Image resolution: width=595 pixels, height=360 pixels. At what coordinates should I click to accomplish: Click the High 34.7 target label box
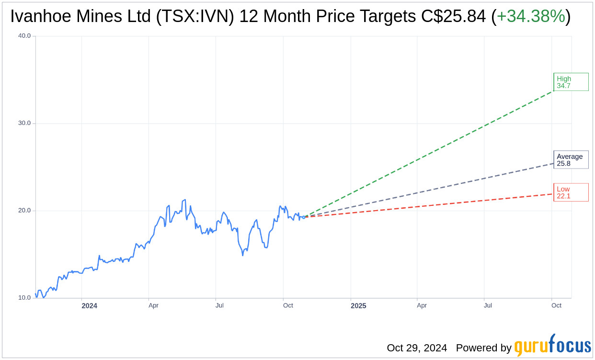click(x=571, y=82)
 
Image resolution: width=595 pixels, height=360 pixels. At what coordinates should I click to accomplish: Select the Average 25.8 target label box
click(x=571, y=160)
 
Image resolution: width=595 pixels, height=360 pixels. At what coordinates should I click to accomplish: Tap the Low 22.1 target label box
click(x=571, y=192)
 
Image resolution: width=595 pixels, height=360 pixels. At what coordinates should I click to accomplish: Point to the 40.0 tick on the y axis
click(x=24, y=36)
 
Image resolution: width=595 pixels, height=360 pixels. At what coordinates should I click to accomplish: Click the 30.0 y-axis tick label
click(x=24, y=123)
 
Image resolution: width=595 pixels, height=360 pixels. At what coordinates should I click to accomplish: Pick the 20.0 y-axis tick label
click(x=24, y=211)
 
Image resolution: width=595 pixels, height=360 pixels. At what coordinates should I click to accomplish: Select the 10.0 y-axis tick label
click(x=24, y=298)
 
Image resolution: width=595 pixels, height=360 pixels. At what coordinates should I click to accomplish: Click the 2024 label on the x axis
click(x=89, y=305)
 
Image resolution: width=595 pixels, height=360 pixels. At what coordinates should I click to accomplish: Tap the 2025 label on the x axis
click(x=358, y=305)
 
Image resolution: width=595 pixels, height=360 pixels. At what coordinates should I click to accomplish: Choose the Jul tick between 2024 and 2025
click(x=219, y=305)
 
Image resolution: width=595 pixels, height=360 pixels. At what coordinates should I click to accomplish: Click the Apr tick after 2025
click(x=422, y=305)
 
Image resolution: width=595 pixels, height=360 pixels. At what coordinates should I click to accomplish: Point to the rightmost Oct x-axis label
click(x=556, y=305)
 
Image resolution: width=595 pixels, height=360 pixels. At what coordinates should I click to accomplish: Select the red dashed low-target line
click(x=431, y=205)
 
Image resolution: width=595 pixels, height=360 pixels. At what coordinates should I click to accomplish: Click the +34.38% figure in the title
click(x=531, y=17)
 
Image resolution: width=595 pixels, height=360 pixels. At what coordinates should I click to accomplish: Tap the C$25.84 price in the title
click(x=453, y=17)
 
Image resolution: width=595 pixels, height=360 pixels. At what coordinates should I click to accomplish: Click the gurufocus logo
click(x=552, y=346)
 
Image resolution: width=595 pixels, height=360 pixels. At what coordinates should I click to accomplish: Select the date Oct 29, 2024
click(x=417, y=348)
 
